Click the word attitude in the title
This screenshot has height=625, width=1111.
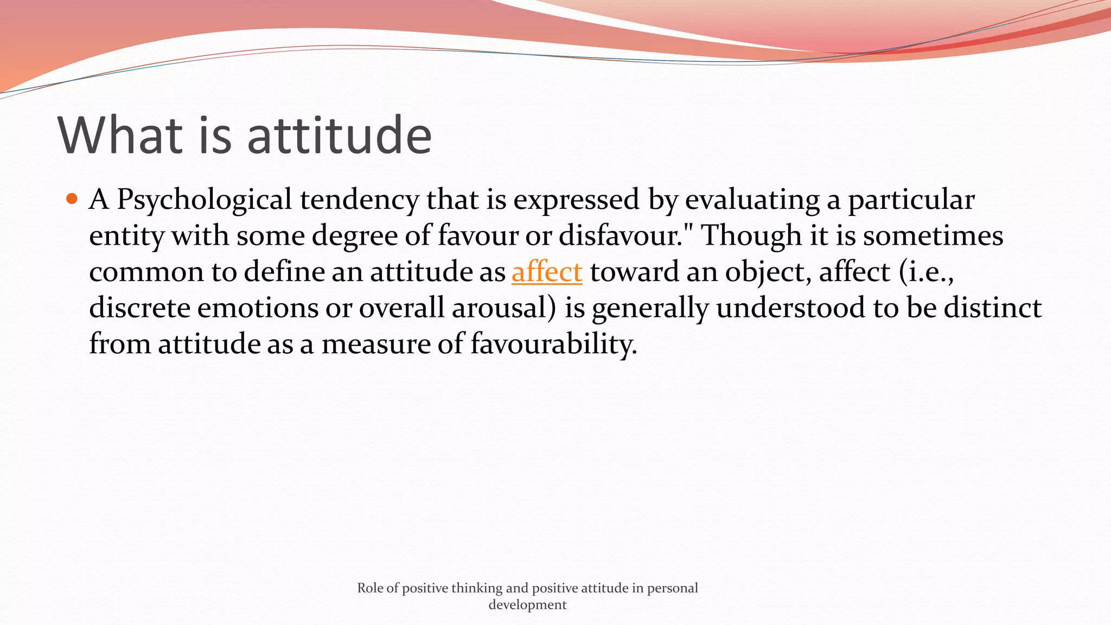(339, 136)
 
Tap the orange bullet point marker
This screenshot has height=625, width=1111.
(72, 199)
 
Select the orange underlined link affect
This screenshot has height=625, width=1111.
(547, 272)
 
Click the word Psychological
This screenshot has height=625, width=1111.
(205, 200)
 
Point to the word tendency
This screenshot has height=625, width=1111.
(359, 200)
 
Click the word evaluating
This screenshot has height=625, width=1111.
(752, 200)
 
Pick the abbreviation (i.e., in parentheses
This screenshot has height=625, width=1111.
(926, 272)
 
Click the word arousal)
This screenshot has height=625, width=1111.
(504, 308)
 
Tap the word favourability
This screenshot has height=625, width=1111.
(553, 344)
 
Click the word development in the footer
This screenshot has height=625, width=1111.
(527, 605)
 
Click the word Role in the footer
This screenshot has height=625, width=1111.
(370, 588)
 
